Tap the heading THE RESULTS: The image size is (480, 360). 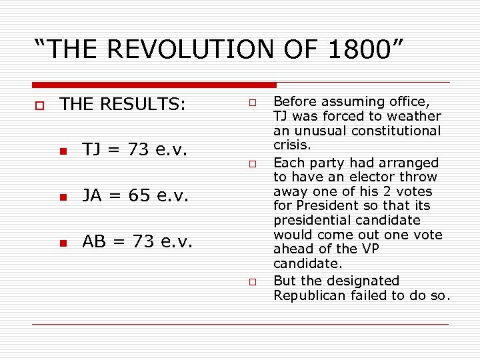122,104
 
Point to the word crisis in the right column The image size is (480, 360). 291,145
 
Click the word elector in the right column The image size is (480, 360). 376,177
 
